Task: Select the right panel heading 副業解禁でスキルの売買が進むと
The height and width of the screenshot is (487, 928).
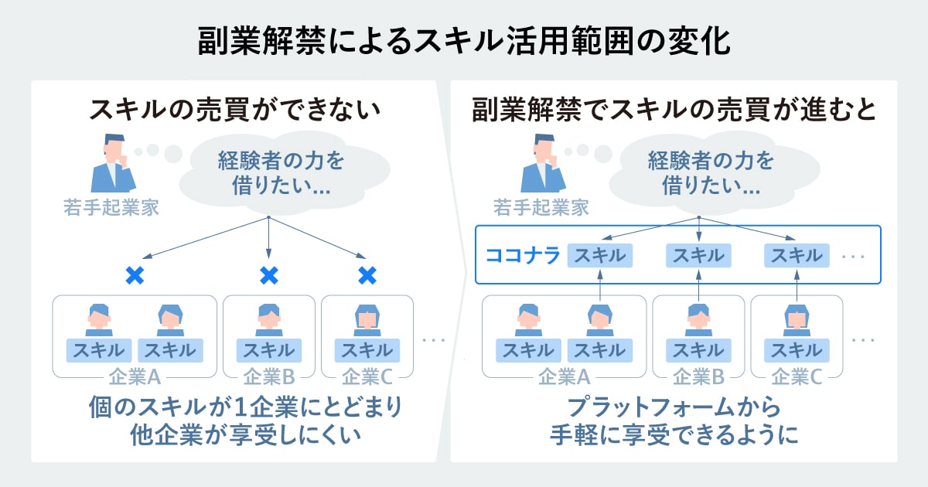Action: click(674, 110)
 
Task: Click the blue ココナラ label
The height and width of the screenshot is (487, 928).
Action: click(522, 255)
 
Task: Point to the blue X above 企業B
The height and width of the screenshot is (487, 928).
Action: click(268, 274)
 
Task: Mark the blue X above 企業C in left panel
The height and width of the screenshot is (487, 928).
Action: click(367, 274)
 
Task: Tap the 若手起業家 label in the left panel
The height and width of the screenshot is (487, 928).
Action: click(111, 207)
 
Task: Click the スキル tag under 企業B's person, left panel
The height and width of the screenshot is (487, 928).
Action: click(268, 350)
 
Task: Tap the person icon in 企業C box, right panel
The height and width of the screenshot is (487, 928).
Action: click(797, 318)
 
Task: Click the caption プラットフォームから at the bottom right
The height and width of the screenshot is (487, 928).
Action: click(674, 407)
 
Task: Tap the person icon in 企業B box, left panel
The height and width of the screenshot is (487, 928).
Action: click(268, 318)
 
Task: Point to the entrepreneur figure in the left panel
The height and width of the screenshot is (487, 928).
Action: click(113, 165)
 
